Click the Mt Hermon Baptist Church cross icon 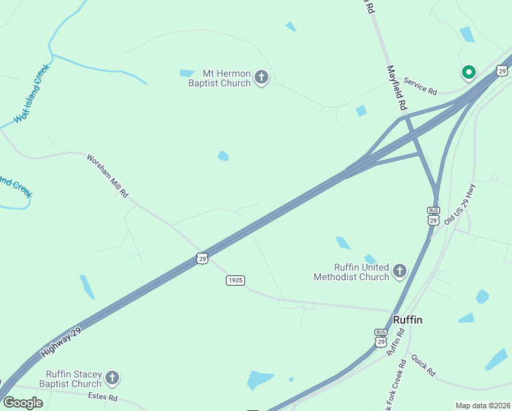coord(261,77)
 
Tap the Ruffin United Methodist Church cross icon coord(400,272)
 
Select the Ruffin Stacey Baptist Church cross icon coord(112,378)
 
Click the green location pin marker coord(469,72)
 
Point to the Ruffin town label coord(407,320)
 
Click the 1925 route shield coord(235,280)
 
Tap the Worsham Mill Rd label coord(107,176)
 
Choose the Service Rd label coord(420,86)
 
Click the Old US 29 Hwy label coord(459,204)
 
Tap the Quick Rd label coord(424,364)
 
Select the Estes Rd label coord(103,397)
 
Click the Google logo coord(23,402)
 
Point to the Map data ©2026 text coord(483,406)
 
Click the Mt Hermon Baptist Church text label coord(220,78)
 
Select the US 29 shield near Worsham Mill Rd coord(201,258)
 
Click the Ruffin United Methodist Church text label coord(351,272)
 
